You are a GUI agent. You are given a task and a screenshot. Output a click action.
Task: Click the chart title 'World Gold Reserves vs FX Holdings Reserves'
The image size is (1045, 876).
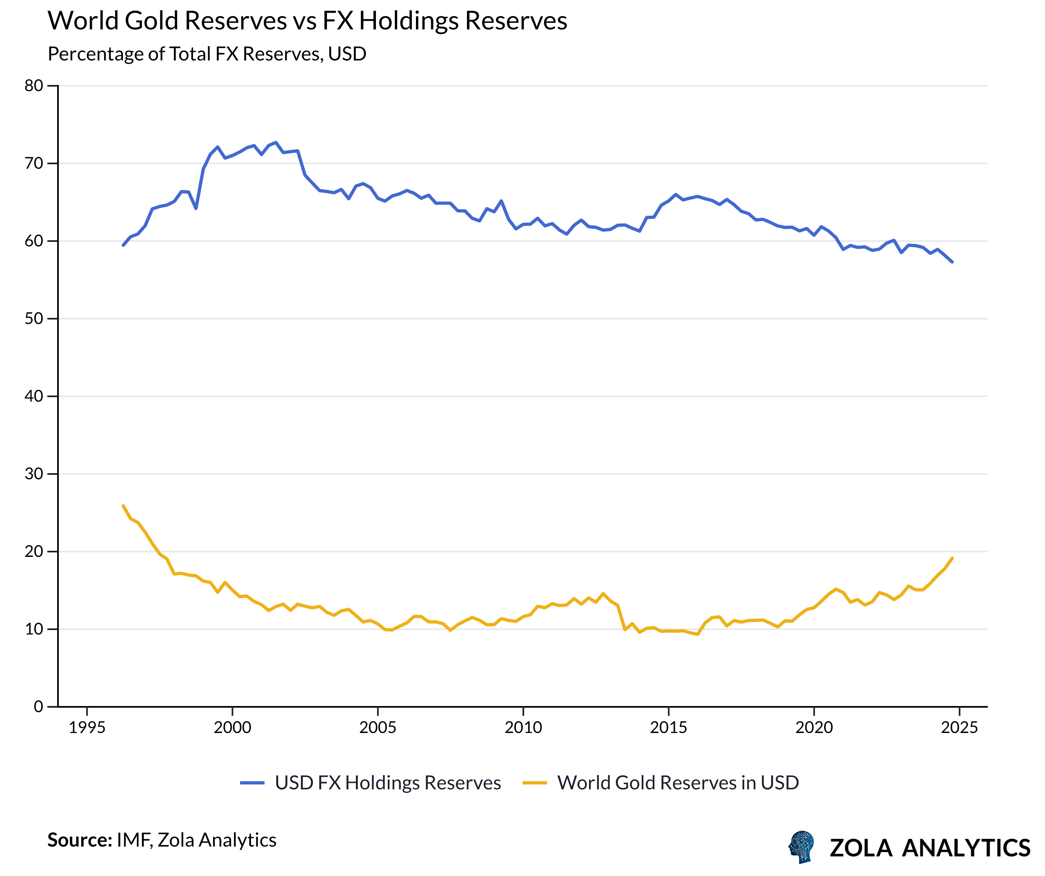tap(307, 21)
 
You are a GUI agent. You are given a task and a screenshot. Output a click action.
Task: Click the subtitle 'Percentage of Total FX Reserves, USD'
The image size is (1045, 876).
tap(207, 54)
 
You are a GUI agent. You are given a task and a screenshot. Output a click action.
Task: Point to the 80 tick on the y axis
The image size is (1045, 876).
tap(34, 86)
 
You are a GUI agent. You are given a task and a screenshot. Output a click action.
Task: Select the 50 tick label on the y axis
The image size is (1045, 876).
tap(34, 319)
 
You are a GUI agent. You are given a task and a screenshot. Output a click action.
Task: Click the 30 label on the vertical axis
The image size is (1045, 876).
tap(34, 474)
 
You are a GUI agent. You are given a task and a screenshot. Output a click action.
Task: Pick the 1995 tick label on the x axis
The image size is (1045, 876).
tap(87, 728)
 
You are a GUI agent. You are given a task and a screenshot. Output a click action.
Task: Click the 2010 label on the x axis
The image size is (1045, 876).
tap(523, 728)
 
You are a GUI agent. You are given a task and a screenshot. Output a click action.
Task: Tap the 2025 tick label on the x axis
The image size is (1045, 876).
tap(959, 728)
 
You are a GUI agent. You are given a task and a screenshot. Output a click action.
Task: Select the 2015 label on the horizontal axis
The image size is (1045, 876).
tap(668, 728)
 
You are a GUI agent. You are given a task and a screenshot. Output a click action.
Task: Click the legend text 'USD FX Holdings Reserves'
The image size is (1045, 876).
tap(388, 783)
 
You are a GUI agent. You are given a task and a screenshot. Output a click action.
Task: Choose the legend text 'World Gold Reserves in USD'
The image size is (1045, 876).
tap(678, 783)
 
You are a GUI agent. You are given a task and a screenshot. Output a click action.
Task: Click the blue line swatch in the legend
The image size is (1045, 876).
tap(252, 783)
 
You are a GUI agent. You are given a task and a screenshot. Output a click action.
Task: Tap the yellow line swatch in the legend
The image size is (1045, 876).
tap(534, 783)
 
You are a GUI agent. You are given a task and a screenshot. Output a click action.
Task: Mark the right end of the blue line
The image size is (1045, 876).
tap(952, 262)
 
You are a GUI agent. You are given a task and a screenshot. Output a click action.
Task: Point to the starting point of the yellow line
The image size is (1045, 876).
tap(123, 505)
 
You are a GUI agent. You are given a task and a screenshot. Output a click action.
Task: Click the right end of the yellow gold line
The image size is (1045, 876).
tap(952, 558)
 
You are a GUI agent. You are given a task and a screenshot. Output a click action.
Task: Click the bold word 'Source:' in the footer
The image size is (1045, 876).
tap(80, 840)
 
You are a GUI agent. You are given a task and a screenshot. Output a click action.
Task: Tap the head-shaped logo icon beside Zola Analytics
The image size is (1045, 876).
tap(801, 847)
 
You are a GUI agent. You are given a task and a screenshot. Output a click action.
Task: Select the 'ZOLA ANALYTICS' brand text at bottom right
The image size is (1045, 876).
tap(929, 848)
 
